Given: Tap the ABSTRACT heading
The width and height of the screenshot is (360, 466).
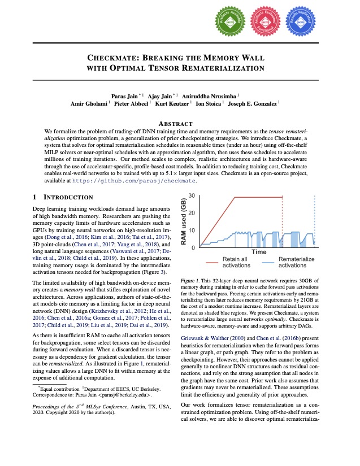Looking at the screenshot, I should click(x=180, y=123).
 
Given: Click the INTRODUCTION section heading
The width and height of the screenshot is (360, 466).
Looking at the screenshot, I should click(x=67, y=197).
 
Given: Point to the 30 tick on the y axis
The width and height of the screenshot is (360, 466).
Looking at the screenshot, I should click(x=193, y=195).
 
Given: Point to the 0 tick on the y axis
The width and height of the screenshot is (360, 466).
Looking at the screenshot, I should click(x=194, y=248).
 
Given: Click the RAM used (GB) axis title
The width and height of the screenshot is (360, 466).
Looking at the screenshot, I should click(x=184, y=221).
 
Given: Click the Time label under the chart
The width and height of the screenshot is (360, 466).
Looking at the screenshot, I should click(x=259, y=251).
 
